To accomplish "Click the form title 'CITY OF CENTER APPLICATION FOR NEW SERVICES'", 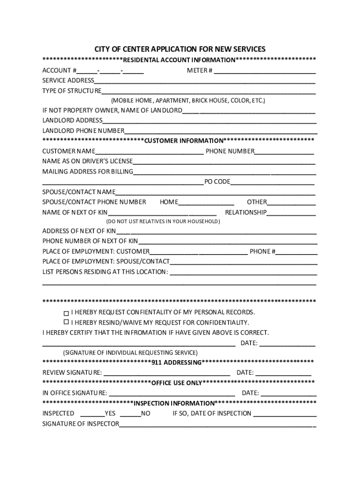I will click(x=180, y=49).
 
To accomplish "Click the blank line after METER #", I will click(x=265, y=72).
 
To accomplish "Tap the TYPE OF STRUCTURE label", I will click(x=72, y=91).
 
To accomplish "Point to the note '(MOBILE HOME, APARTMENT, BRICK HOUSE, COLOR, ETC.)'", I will click(x=188, y=101).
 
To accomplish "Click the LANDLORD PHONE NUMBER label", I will click(x=83, y=131).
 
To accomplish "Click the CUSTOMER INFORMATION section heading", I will click(x=184, y=141).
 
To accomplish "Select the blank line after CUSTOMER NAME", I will click(x=149, y=152).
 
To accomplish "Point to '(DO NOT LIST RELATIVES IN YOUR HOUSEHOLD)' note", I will click(x=163, y=221).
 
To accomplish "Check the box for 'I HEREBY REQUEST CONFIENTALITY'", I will click(x=66, y=312).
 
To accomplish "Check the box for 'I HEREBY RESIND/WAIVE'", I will click(x=66, y=322).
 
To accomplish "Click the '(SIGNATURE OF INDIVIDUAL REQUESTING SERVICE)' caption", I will click(x=130, y=352).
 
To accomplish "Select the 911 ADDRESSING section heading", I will click(x=176, y=363).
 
